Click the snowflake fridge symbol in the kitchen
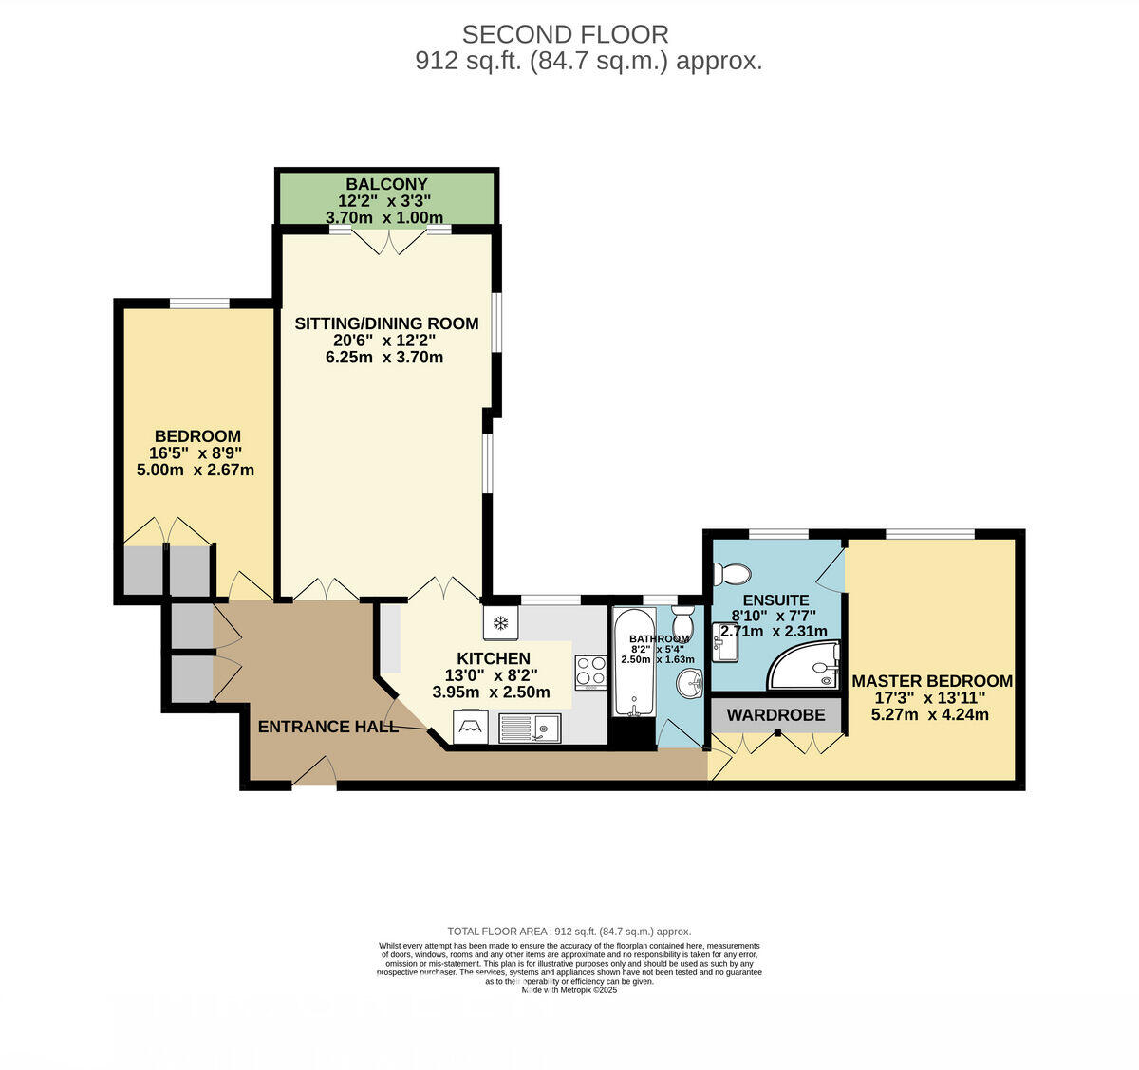499,623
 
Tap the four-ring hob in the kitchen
591,671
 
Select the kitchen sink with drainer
531,729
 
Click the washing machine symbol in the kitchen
469,728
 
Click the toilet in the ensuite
732,574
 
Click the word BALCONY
386,184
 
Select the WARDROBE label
775,714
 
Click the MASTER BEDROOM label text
931,681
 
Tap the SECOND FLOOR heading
565,34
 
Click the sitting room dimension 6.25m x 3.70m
384,358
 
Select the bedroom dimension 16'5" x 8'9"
196,453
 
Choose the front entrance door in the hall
314,772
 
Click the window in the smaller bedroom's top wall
199,304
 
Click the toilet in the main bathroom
682,622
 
